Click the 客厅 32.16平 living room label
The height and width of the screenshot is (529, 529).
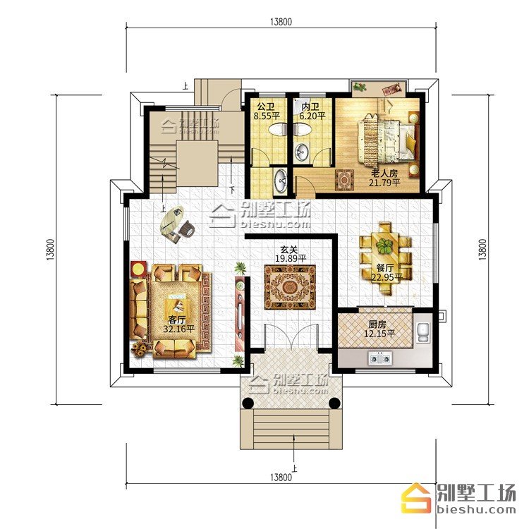[x=179, y=324]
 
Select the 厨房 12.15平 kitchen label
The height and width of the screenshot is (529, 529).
[x=379, y=329]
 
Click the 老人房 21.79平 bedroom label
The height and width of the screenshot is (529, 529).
[x=384, y=178]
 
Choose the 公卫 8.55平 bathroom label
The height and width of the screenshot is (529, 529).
[x=267, y=111]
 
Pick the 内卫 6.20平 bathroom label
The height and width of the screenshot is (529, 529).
[x=312, y=111]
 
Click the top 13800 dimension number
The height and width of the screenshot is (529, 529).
[x=281, y=22]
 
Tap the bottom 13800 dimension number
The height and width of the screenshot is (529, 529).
[x=281, y=478]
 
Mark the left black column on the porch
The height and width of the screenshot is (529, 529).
[x=248, y=403]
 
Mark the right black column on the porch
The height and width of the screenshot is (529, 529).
[x=334, y=403]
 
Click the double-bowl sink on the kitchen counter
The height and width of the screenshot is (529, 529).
[x=381, y=358]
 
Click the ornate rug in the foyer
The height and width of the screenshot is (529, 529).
[x=290, y=288]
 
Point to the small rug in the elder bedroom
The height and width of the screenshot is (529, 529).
[x=344, y=180]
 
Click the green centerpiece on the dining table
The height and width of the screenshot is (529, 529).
[x=384, y=246]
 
